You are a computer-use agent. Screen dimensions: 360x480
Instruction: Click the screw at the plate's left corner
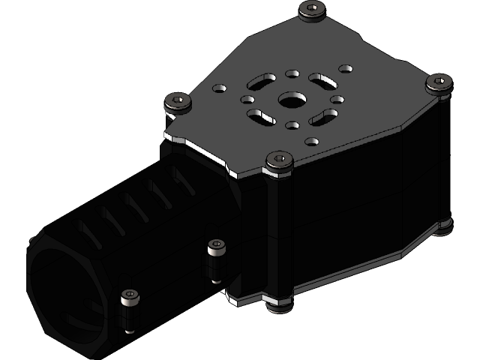(x=177, y=100)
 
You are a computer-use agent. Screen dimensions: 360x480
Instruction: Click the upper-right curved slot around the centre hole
(x=321, y=79)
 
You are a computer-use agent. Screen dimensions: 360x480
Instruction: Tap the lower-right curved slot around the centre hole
(x=322, y=116)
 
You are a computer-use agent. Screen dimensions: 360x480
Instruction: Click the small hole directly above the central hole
(x=292, y=73)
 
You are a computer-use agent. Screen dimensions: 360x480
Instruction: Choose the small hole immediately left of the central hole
(x=246, y=99)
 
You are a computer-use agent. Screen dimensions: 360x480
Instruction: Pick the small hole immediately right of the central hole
(x=337, y=99)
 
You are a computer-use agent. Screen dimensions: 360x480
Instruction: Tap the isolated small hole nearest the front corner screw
(x=309, y=141)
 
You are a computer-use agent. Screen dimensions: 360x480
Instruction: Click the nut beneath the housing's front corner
(x=277, y=307)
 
